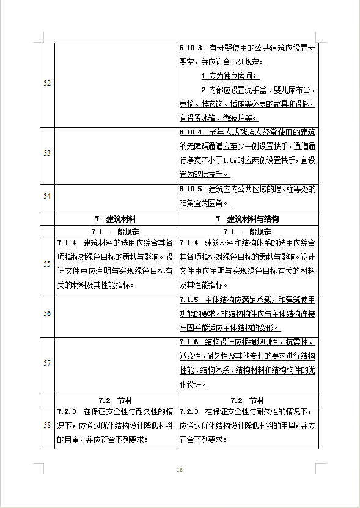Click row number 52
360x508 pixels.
coord(47,83)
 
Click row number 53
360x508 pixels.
coord(47,153)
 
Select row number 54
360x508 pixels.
coord(47,196)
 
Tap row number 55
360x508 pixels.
coord(47,263)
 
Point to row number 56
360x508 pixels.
coord(47,314)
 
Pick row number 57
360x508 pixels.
coord(47,363)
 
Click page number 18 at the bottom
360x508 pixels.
coord(180,469)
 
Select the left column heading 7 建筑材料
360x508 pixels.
coord(116,219)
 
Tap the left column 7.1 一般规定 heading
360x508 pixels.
coord(116,232)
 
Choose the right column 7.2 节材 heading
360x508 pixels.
coord(247,399)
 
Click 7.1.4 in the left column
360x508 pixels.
coord(67,243)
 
